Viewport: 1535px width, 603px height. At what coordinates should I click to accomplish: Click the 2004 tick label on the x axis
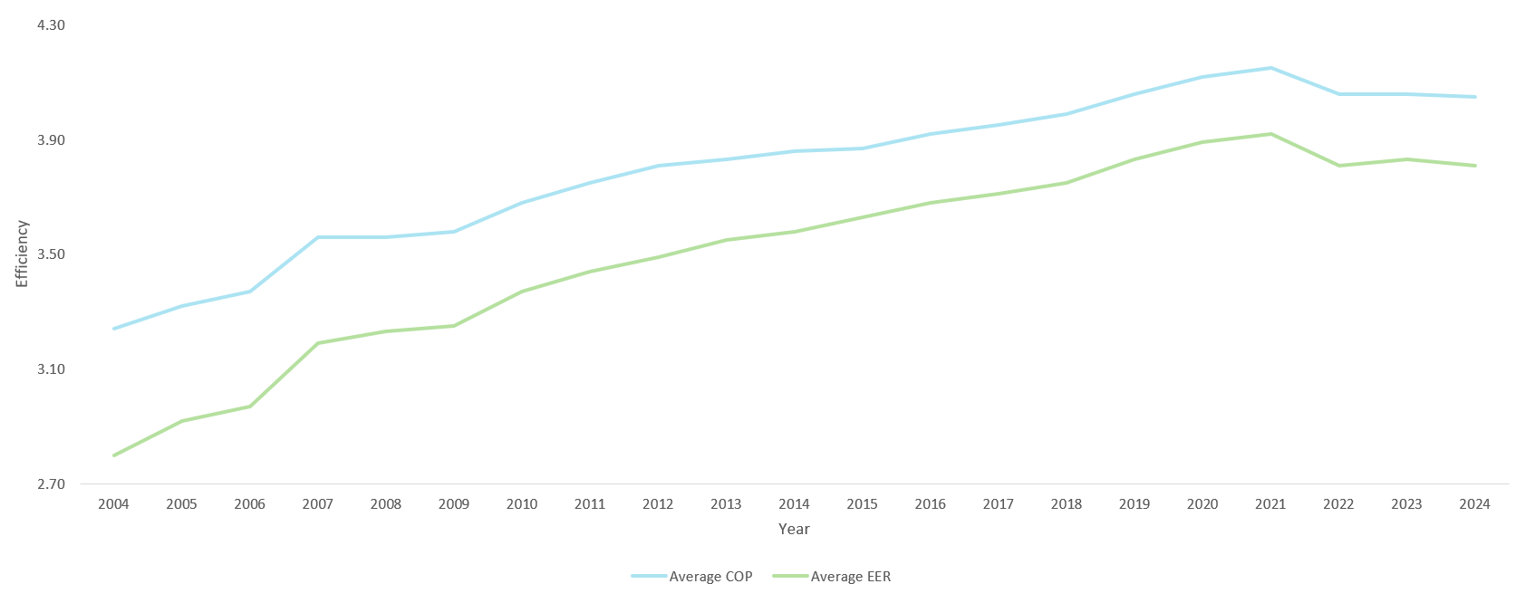[x=113, y=504]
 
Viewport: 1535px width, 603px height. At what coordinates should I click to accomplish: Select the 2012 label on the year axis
[x=658, y=504]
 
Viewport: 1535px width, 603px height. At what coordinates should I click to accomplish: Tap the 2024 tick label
[x=1474, y=504]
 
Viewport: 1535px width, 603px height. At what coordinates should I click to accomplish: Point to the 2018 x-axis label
[x=1067, y=504]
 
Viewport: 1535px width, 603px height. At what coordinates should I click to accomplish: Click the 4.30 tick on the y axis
[x=51, y=25]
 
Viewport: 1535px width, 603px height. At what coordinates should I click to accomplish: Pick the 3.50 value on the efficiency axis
[x=51, y=254]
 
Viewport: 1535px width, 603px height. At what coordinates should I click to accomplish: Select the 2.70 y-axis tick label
[x=51, y=484]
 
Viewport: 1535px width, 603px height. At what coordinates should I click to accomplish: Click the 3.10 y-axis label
[x=51, y=369]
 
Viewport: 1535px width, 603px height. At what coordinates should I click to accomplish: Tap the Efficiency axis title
[x=23, y=254]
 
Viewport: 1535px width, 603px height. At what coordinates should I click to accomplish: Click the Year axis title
[x=794, y=529]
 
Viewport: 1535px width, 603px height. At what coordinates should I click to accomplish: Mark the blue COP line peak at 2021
[x=1270, y=68]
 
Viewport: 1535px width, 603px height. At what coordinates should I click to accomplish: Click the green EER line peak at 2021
[x=1270, y=134]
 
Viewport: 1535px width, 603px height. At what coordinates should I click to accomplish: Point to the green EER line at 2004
[x=113, y=455]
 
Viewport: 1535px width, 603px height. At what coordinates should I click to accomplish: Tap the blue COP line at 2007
[x=318, y=237]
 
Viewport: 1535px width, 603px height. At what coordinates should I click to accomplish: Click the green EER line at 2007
[x=318, y=343]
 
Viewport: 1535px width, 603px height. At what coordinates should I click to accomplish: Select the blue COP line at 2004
[x=113, y=329]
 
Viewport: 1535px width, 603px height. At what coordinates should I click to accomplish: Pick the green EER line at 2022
[x=1338, y=166]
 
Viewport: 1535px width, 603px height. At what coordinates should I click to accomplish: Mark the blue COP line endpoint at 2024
[x=1474, y=97]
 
